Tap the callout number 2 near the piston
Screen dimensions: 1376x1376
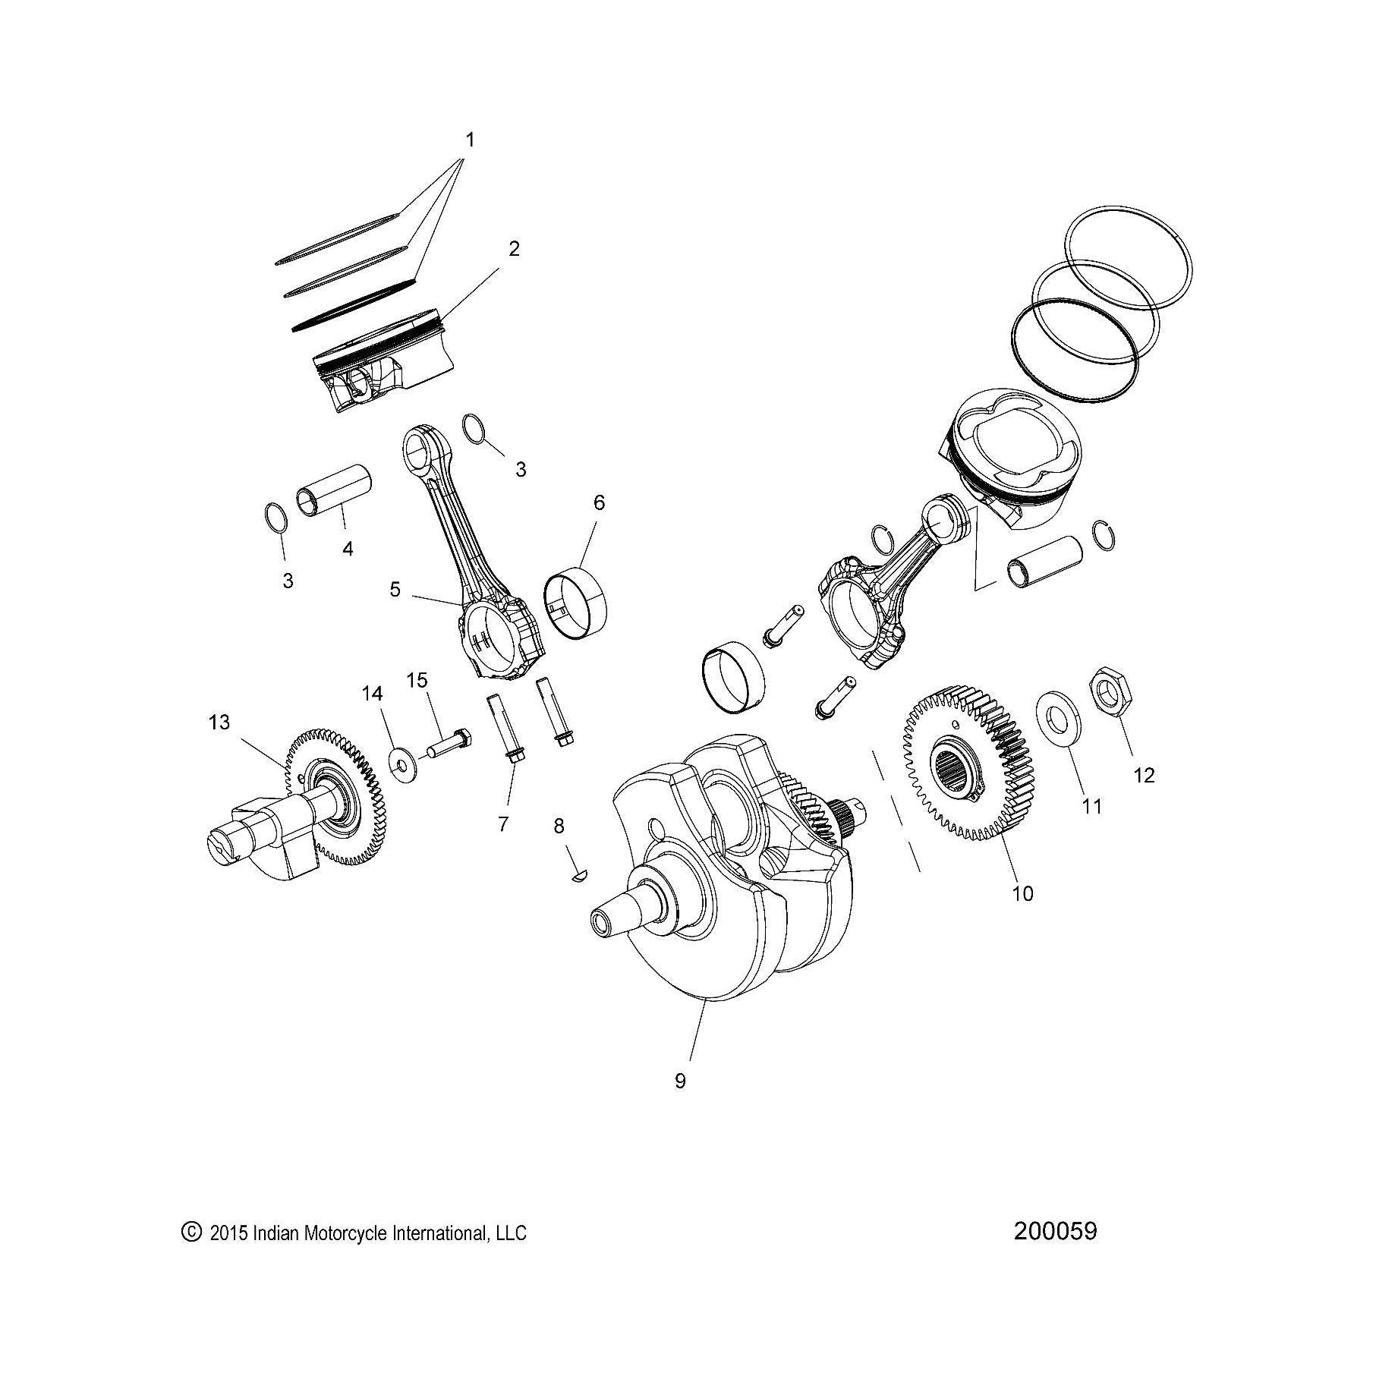point(514,248)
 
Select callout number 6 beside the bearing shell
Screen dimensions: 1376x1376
point(599,502)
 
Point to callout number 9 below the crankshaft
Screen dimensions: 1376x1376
point(680,1081)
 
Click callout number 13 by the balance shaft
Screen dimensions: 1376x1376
point(219,722)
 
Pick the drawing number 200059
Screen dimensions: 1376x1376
point(1054,1230)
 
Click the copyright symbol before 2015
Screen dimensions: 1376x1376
point(190,1230)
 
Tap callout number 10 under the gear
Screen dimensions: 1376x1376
point(1022,893)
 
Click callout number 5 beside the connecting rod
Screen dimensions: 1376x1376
point(395,589)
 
